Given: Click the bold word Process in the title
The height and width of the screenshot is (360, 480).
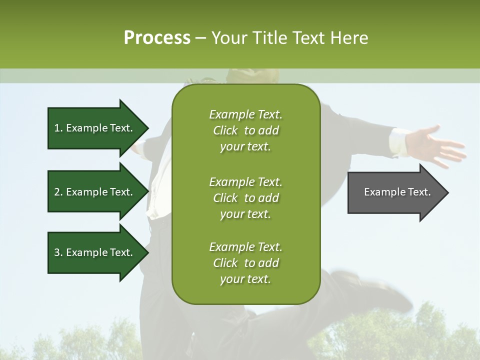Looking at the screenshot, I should click(x=157, y=38).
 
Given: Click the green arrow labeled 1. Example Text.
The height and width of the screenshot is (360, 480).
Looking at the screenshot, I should click(x=95, y=128).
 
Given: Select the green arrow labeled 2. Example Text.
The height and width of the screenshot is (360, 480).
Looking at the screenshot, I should click(x=95, y=192).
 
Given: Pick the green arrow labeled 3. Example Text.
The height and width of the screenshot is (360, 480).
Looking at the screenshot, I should click(x=95, y=252).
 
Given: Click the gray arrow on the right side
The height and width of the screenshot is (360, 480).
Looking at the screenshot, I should click(x=395, y=192).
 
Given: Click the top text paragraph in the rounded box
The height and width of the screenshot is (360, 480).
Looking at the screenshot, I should click(x=245, y=130).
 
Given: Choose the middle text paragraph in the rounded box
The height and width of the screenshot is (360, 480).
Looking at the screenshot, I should click(x=245, y=198).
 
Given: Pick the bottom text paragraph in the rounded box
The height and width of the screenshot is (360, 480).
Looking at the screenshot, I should click(x=245, y=263).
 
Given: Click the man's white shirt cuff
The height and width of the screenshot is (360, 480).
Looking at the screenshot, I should click(x=399, y=141).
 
